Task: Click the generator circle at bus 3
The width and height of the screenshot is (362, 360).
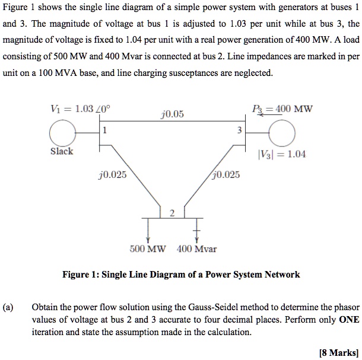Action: (x=282, y=133)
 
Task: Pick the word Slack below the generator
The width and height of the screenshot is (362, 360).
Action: (x=62, y=151)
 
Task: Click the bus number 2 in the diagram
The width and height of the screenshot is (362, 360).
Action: (x=172, y=214)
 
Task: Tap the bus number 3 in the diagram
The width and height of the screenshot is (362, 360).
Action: (x=239, y=131)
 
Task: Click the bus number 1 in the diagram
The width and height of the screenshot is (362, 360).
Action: (x=104, y=131)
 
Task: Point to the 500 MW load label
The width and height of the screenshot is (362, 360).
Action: (x=148, y=249)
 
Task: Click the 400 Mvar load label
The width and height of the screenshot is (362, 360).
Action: (x=196, y=249)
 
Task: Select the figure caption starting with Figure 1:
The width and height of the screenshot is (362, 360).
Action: (x=181, y=275)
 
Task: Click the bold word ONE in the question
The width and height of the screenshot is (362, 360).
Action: (x=348, y=320)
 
